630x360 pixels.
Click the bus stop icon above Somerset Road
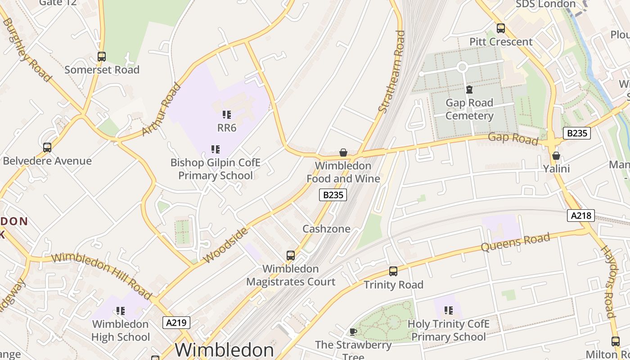pos(102,57)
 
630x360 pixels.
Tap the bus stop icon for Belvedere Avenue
pos(47,148)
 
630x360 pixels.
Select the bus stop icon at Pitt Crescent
pos(501,28)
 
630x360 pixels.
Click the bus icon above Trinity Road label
pos(393,271)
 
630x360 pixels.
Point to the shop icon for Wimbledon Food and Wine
pos(343,153)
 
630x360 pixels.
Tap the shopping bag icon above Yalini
pos(556,156)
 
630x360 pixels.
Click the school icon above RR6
pos(227,115)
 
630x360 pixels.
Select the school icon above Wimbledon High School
pos(120,311)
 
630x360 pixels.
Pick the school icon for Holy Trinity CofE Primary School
pos(449,310)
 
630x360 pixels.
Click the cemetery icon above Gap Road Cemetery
pos(469,90)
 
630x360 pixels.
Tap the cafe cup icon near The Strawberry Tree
pos(353,332)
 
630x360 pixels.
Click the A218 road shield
pos(580,216)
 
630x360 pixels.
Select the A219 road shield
pos(176,322)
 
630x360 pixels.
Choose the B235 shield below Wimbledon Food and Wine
pos(333,195)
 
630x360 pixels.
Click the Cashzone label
pos(326,229)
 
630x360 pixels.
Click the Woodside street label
pos(225,245)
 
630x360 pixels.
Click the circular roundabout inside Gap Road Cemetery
pos(462,67)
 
